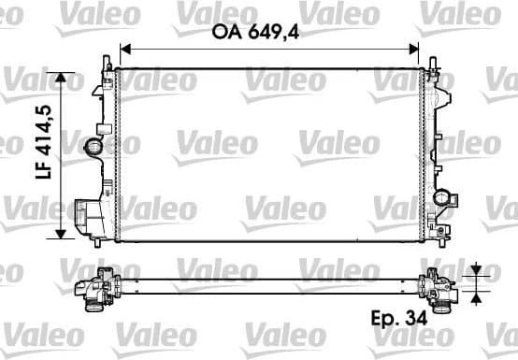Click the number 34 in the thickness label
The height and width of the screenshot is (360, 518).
tap(420, 319)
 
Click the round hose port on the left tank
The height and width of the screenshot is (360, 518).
tap(94, 147)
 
